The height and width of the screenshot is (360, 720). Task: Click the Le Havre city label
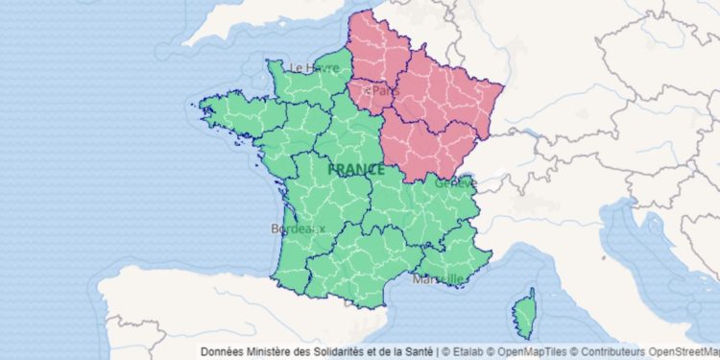tap(314, 68)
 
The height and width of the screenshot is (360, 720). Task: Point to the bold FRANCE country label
tap(356, 169)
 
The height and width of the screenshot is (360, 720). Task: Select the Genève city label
tap(455, 181)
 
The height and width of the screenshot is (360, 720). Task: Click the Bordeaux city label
tap(299, 228)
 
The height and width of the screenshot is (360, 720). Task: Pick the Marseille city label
tap(438, 279)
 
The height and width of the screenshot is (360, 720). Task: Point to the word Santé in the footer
tap(419, 351)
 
